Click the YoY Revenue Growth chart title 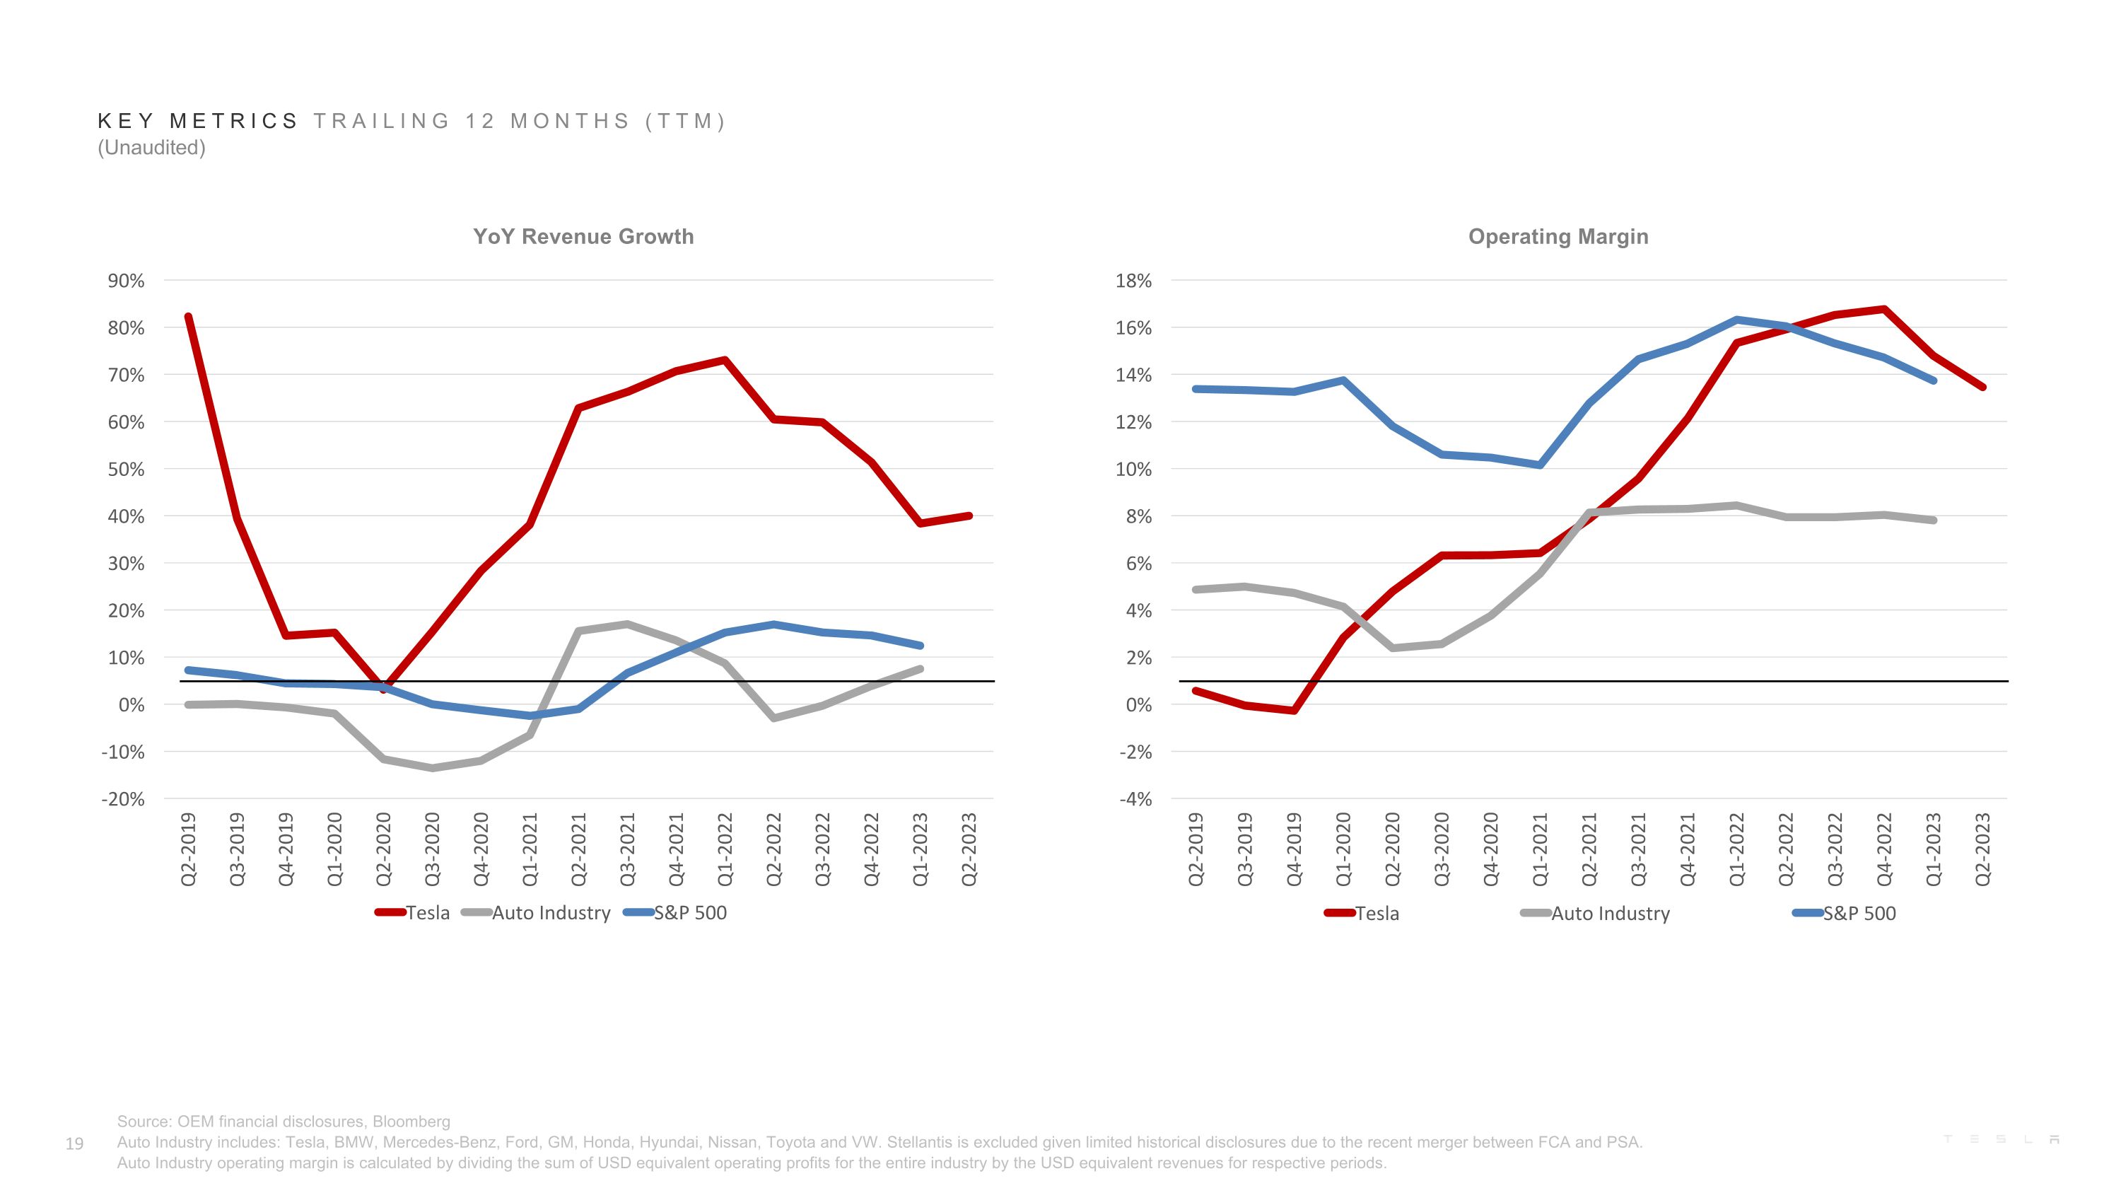583,236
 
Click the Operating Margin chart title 1558,236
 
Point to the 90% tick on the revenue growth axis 126,281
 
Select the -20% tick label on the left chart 123,799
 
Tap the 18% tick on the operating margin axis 1134,281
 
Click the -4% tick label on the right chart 1135,799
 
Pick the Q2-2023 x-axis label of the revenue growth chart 969,849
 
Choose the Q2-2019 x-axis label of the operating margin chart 1196,849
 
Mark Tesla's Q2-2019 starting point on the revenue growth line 189,317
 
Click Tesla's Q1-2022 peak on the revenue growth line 725,360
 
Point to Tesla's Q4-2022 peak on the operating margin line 1884,310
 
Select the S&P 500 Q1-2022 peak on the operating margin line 1736,320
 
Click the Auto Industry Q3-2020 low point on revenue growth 432,768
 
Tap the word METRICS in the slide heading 234,121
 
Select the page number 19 74,1143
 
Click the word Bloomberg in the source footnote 411,1122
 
